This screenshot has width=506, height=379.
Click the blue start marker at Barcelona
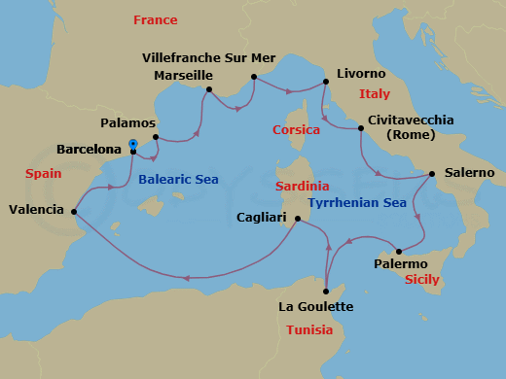132,144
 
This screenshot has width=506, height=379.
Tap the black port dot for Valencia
75,211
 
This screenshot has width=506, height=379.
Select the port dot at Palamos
156,137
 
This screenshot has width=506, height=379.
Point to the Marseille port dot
208,90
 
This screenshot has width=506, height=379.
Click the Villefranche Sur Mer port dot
253,77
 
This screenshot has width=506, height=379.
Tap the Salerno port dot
431,174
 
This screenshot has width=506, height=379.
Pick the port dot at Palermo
398,252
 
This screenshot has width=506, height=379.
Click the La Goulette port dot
326,291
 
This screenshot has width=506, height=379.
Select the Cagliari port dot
297,219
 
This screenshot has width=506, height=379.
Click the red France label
156,20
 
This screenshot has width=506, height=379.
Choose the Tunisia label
311,330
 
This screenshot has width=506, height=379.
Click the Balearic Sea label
178,180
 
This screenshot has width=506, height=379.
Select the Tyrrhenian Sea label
356,203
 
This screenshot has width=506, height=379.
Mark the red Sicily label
421,279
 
